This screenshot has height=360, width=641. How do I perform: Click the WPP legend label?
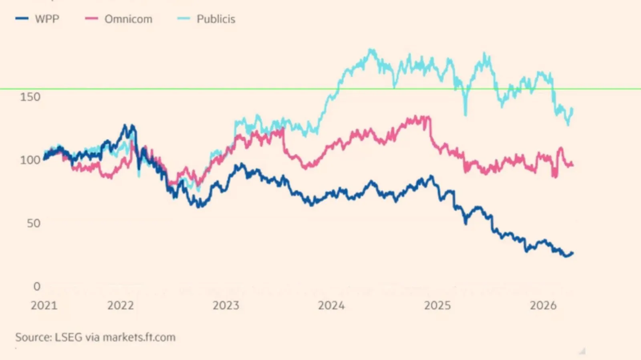tap(47, 19)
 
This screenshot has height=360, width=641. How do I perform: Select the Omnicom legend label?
tap(128, 19)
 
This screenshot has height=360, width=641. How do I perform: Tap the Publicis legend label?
tap(216, 19)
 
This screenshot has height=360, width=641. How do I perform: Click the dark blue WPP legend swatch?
tap(22, 18)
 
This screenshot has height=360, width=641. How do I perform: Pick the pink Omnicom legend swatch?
tap(91, 18)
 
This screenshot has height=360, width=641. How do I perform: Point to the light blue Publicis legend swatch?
tap(183, 18)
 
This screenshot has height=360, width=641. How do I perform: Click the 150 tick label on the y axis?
tap(30, 97)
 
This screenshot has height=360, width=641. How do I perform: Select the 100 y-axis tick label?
tap(30, 160)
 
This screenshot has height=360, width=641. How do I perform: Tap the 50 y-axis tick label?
tap(34, 223)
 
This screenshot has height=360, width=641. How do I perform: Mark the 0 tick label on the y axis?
tap(37, 286)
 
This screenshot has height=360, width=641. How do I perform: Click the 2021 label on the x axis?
tap(44, 305)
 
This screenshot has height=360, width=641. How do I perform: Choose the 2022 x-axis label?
tap(121, 305)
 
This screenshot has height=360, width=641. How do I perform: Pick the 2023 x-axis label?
tap(226, 305)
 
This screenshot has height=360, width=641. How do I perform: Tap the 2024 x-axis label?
tap(331, 305)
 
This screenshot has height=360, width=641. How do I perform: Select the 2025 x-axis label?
tap(437, 305)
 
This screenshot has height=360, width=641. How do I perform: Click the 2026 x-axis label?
tap(543, 305)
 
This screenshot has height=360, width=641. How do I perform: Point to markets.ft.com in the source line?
tap(139, 337)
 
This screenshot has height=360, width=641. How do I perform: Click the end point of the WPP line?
tap(572, 253)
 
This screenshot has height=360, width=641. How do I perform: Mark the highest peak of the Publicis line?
tap(372, 50)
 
